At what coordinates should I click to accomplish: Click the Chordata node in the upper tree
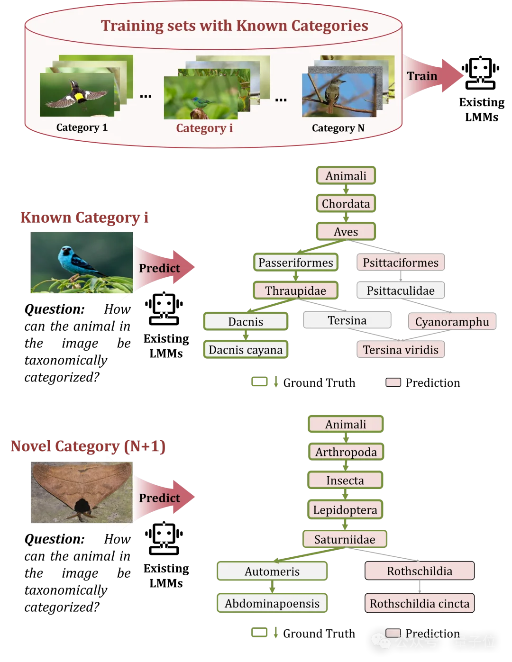point(346,204)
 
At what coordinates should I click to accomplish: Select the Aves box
point(346,232)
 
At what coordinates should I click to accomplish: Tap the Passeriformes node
point(296,263)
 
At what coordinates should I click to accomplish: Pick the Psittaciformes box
point(401,263)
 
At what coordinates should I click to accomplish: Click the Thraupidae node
point(295,290)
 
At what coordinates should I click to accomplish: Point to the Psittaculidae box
point(401,290)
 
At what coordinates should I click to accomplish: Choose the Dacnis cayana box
point(246,350)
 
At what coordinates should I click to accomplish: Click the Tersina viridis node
point(401,350)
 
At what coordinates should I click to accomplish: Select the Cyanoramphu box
point(452,322)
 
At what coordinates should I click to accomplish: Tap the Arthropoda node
point(346,452)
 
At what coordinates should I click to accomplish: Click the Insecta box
point(345,481)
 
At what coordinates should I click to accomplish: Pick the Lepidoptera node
point(345,510)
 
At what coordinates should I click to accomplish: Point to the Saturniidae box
point(345,539)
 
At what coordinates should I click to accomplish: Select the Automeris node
point(272,571)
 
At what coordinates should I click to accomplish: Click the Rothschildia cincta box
point(420,603)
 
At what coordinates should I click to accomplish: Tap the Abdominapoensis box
point(272,603)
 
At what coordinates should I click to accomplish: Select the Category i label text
point(204,128)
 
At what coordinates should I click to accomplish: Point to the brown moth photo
point(82,492)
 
